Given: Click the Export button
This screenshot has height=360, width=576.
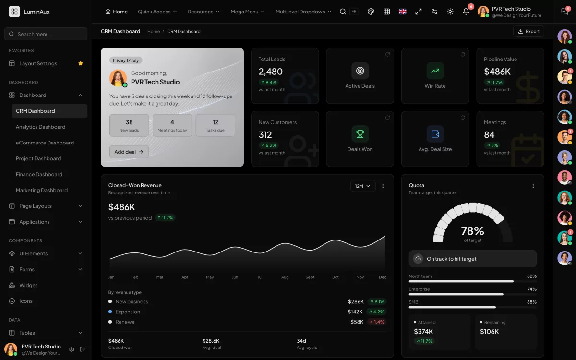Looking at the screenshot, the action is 528,31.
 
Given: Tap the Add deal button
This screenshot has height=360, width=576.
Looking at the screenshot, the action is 129,152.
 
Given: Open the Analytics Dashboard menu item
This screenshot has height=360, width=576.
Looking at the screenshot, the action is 41,127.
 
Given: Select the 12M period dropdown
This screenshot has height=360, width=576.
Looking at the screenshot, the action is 362,186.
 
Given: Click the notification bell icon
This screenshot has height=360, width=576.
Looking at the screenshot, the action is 466,12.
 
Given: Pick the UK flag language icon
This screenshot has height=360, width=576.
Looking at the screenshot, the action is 402,12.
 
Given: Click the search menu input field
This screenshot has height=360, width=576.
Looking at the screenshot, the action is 46,34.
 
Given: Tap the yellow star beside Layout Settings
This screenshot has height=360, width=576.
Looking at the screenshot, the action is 81,63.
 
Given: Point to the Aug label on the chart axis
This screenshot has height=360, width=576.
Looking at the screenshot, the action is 285,277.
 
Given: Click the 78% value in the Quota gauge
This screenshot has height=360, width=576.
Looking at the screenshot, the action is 472,231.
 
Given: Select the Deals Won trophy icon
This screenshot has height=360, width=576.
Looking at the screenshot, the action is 360,134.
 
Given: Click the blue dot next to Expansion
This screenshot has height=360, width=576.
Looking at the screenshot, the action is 110,312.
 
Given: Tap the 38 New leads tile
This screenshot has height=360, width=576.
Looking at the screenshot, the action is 129,125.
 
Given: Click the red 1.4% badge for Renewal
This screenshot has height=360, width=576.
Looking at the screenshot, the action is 377,322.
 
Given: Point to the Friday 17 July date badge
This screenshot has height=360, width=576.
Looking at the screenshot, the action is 126,60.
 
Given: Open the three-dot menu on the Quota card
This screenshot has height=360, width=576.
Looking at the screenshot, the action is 533,186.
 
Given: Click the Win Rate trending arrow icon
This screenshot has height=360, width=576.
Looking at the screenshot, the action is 435,71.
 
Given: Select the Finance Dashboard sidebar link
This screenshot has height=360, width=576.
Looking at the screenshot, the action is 39,174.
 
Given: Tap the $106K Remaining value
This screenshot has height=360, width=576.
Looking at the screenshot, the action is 489,332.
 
